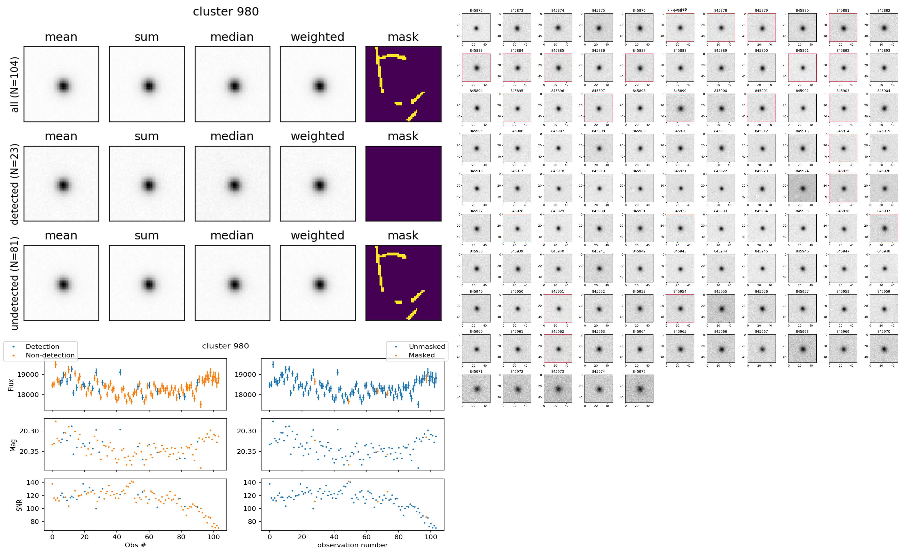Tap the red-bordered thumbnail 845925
point(843,188)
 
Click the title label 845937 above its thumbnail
point(884,211)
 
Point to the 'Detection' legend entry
point(42,346)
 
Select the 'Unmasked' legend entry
point(427,346)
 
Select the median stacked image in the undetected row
point(232,283)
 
